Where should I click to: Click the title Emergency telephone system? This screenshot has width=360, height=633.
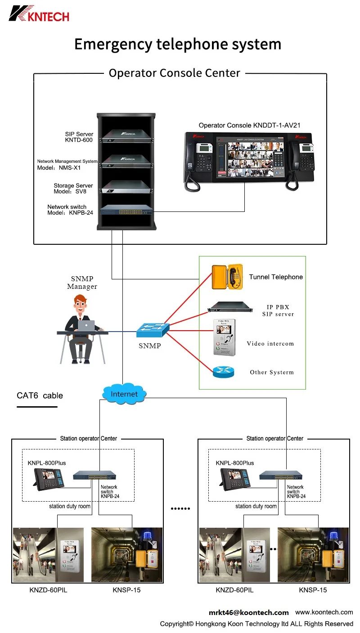coord(178,45)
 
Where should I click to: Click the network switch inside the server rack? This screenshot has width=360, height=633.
coord(126,210)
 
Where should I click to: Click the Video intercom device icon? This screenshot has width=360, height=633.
coord(224,338)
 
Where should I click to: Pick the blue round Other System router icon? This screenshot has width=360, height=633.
coord(224,372)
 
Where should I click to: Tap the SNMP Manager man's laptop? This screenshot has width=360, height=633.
coord(86,326)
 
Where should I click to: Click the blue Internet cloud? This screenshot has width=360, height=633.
coord(124,394)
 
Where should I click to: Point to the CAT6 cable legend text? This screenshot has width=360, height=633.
coord(40,396)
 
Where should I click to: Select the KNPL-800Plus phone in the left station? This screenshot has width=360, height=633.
coord(50,479)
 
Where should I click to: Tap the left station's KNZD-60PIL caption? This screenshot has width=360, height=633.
coord(47,590)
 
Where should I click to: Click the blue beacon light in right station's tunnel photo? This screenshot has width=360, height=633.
coord(335,536)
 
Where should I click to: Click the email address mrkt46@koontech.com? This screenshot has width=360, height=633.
coord(248,612)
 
